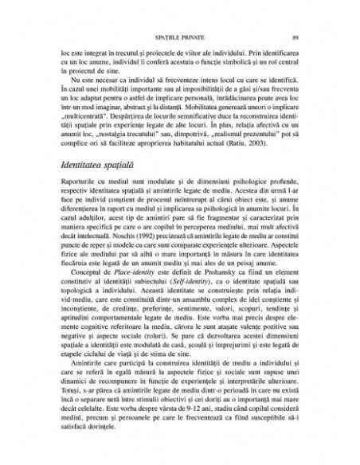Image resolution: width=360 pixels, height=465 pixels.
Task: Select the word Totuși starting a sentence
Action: pos(72,395)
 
